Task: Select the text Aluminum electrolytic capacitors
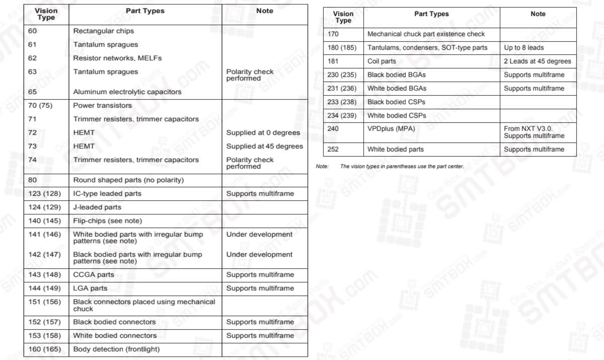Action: [x=127, y=92]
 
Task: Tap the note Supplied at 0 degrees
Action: [x=263, y=133]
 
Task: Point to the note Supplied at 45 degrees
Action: [x=264, y=147]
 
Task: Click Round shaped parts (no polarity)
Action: [x=128, y=180]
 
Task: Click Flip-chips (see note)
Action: [x=107, y=221]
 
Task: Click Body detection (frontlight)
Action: [x=116, y=349]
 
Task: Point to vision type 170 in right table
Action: [x=333, y=34]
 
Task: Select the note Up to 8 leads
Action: [x=523, y=48]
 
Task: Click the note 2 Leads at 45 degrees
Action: [x=537, y=61]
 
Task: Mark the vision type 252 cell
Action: [x=333, y=150]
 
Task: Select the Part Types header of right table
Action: [x=431, y=14]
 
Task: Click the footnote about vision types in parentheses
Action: [x=402, y=166]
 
